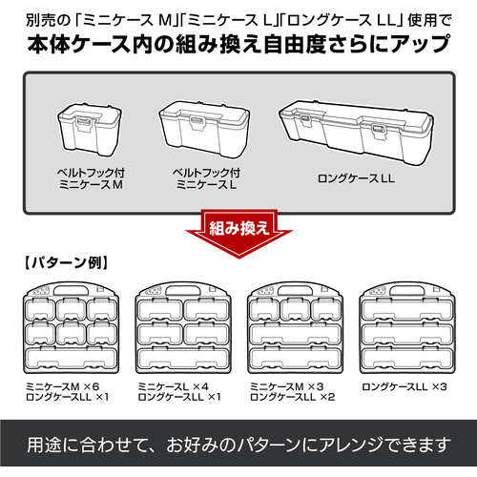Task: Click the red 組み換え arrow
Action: (x=238, y=233)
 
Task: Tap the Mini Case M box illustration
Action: (x=90, y=130)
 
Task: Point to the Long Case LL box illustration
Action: (x=356, y=133)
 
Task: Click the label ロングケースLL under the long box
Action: (x=356, y=178)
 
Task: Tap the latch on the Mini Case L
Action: (x=197, y=122)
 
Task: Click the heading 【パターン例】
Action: (x=66, y=262)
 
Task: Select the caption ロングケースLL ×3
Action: (x=404, y=386)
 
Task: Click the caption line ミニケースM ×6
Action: (x=63, y=386)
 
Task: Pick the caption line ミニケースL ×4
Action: (x=174, y=386)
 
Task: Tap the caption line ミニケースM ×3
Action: (x=287, y=386)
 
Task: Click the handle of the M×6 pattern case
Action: (x=71, y=290)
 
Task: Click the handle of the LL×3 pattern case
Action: (x=407, y=290)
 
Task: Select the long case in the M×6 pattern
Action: (x=72, y=359)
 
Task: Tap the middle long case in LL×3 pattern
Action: (x=407, y=334)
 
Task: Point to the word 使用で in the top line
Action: (x=429, y=21)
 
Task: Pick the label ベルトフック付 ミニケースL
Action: (x=206, y=178)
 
